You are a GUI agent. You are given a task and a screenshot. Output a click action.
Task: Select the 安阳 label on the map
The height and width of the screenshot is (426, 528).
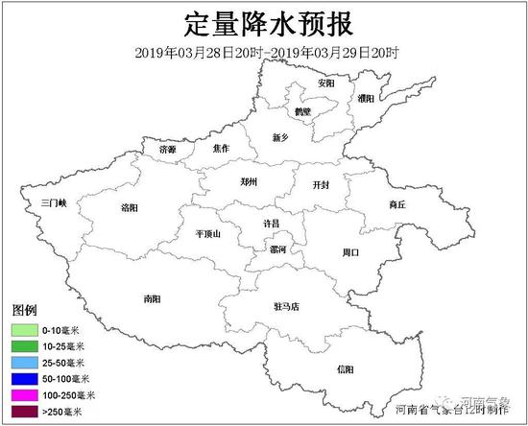point(326,83)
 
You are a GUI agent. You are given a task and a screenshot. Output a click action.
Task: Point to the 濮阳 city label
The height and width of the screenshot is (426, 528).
point(366,98)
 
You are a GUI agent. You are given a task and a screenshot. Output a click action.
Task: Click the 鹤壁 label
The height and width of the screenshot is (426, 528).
point(302,111)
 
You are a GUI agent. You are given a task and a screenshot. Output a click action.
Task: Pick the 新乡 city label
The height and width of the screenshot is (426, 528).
point(280,138)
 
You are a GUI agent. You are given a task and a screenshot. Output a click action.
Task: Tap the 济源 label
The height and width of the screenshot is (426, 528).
point(168,150)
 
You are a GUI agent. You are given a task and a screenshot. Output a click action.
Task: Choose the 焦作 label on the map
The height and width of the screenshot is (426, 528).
point(221,149)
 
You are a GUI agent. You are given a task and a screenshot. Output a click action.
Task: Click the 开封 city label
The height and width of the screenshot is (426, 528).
point(322,183)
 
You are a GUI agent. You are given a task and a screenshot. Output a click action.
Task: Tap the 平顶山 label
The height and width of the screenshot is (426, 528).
point(208,233)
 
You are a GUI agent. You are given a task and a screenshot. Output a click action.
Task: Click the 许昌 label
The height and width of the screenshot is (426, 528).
point(273,223)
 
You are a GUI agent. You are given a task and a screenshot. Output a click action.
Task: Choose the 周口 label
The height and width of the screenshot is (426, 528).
point(349,252)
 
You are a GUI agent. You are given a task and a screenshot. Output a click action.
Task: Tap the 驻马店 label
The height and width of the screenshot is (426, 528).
point(287,307)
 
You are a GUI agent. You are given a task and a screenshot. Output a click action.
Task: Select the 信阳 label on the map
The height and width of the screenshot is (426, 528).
point(346,368)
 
